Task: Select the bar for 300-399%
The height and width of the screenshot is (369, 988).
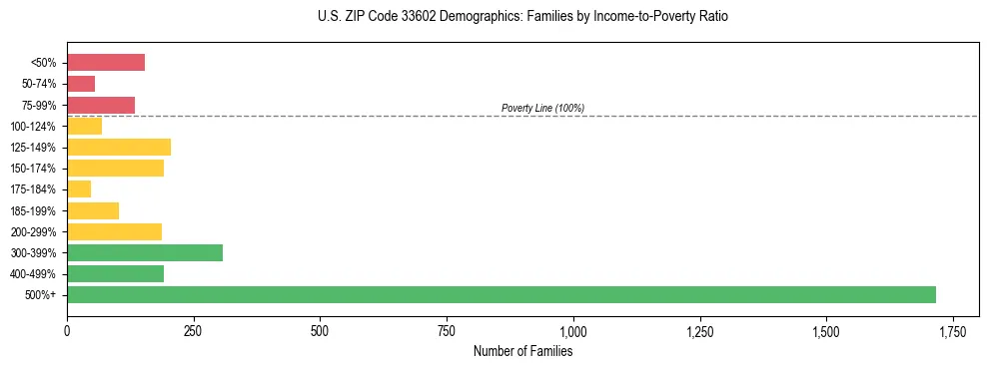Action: point(145,252)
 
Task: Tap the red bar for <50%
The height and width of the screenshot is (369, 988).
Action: point(106,63)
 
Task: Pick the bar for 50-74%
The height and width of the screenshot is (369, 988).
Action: point(81,84)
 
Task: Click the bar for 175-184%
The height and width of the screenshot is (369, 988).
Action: point(79,189)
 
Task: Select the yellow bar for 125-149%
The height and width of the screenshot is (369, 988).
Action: point(119,147)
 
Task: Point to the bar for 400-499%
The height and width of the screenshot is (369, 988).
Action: point(115,273)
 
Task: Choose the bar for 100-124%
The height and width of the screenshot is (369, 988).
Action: point(84,126)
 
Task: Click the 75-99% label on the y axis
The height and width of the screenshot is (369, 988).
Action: point(39,105)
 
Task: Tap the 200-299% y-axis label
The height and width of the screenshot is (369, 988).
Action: point(35,231)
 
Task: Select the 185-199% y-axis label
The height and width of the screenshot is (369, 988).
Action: point(35,210)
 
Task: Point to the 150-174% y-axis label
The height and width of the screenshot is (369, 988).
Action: point(35,169)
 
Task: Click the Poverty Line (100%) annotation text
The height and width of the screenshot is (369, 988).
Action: point(542,108)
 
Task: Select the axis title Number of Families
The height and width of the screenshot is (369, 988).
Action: point(522,351)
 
